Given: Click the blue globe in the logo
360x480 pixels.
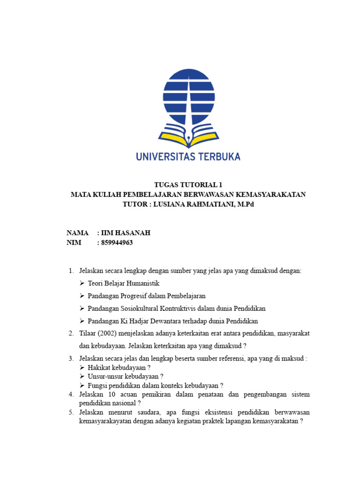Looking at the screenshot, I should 188,97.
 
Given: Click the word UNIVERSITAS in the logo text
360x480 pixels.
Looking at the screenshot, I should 165,156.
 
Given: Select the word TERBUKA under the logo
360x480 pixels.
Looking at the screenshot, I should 218,156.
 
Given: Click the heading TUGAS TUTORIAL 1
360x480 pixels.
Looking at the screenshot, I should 188,185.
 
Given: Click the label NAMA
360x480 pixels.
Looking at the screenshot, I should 78,233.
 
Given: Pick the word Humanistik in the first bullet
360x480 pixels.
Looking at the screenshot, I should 144,284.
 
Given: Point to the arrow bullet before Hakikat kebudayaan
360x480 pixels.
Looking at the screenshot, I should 82,367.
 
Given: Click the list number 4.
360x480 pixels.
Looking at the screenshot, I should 71,394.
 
